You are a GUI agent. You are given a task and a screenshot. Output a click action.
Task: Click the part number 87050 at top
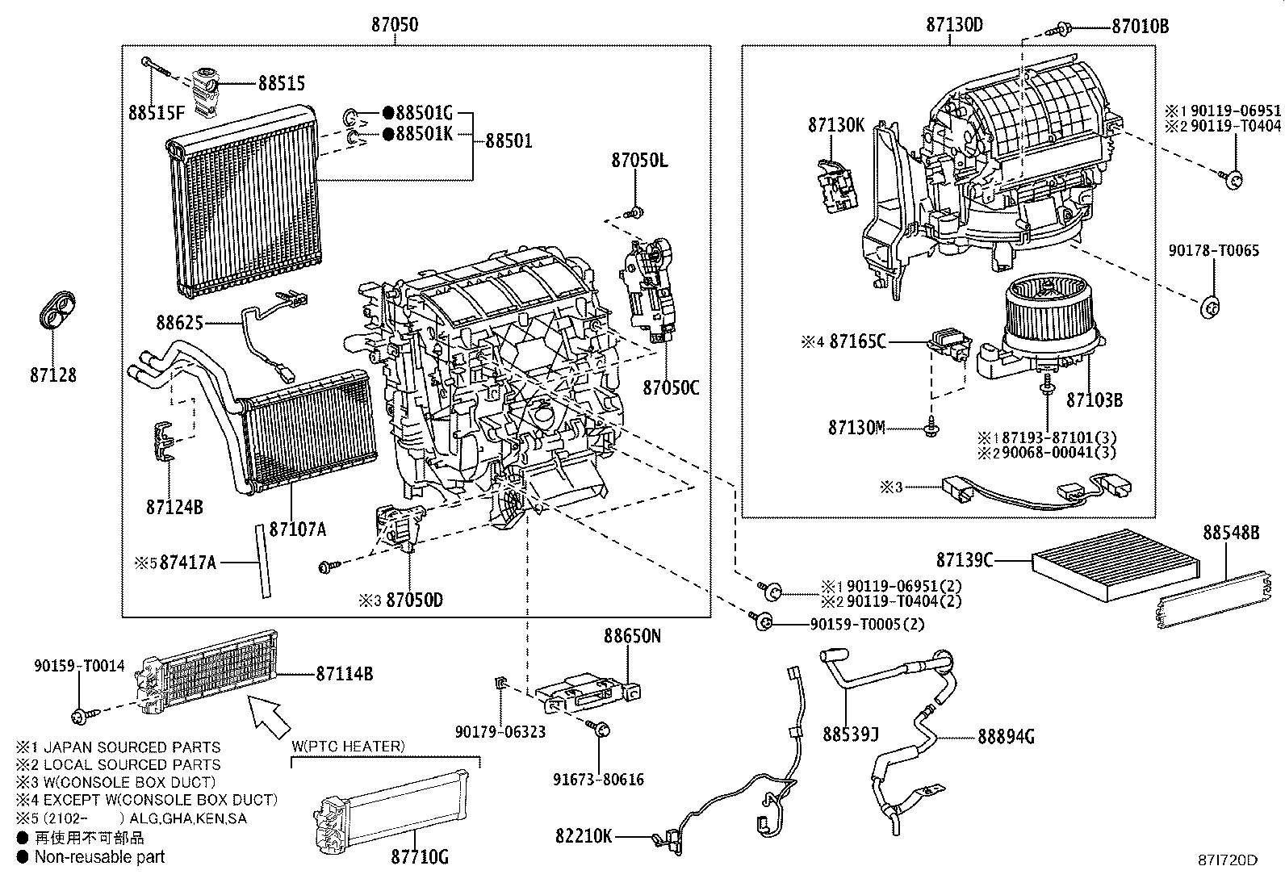tap(395, 25)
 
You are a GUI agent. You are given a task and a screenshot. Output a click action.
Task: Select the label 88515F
tap(156, 112)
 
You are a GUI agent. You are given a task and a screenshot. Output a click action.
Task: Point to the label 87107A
tap(298, 529)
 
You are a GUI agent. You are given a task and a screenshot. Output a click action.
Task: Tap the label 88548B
tap(1231, 533)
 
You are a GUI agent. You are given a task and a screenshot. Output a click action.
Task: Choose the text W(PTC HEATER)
tap(349, 746)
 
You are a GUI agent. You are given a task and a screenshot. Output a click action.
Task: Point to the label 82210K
tap(584, 835)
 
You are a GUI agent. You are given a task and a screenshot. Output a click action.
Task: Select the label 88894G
tap(1006, 736)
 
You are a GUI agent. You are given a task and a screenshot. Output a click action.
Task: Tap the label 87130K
tap(836, 125)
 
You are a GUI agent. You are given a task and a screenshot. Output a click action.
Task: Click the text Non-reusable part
tap(99, 857)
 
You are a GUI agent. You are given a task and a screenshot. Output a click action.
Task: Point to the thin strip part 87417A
tap(262, 560)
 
